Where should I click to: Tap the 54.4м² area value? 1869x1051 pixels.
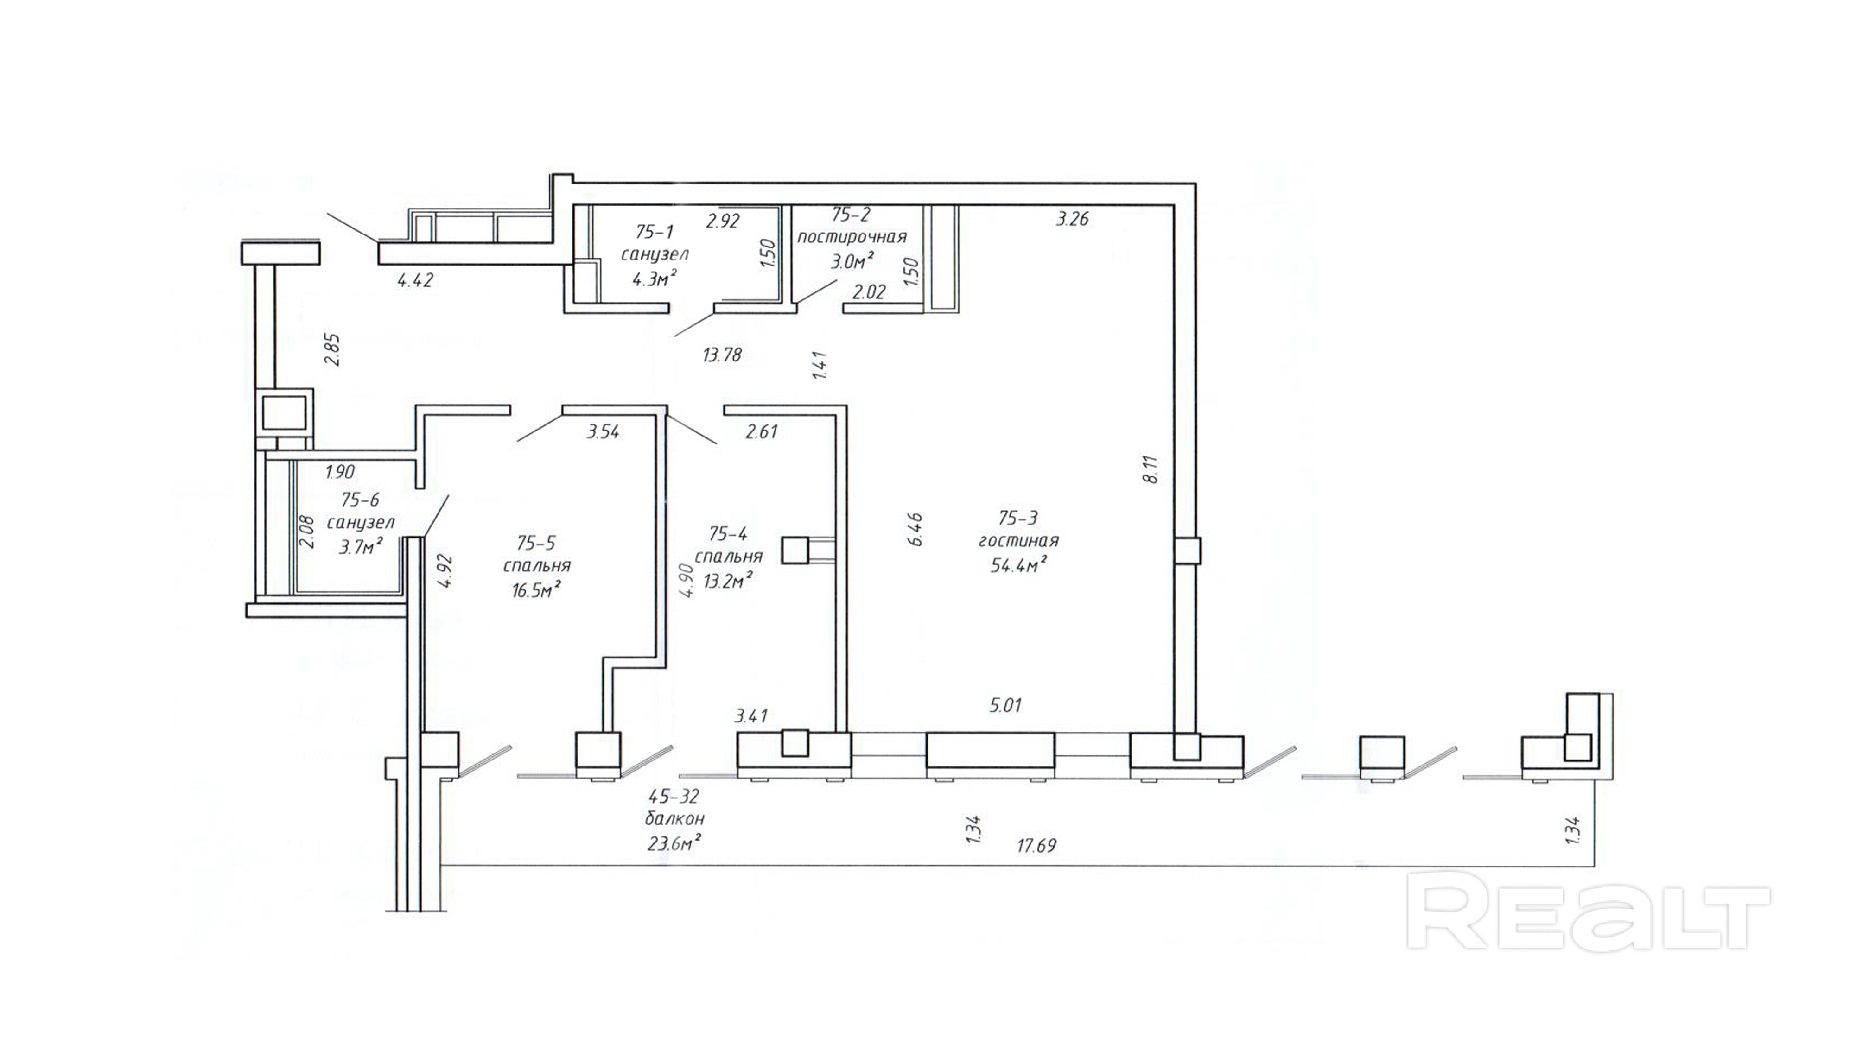point(1018,563)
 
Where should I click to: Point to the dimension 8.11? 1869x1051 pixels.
point(1151,469)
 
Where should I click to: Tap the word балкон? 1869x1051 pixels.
point(675,819)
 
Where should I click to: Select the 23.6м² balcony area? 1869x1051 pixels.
point(674,842)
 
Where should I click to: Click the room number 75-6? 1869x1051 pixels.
point(360,500)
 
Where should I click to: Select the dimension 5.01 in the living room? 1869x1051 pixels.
point(1005,705)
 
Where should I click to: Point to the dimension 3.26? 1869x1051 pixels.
point(1072,218)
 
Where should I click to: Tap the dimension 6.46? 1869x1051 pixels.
point(915,530)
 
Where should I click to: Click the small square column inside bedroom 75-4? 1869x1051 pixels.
point(795,550)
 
